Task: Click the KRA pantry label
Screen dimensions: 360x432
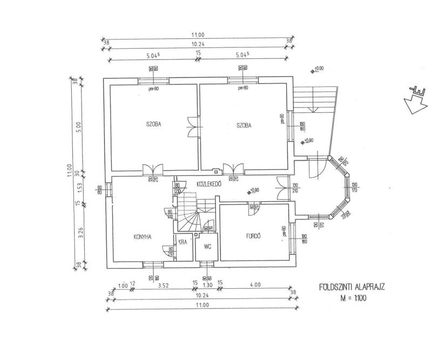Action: [183, 242]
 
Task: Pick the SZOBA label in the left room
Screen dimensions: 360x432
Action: [154, 124]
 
